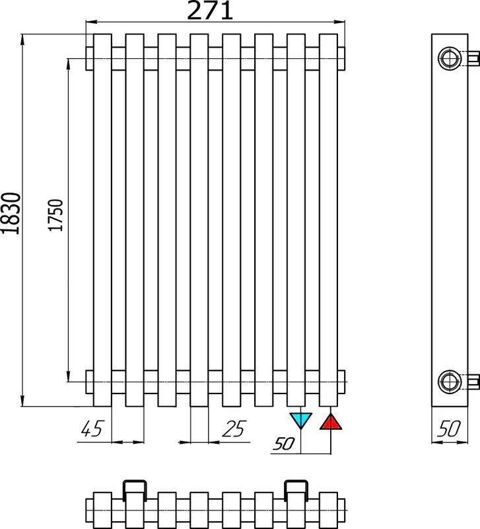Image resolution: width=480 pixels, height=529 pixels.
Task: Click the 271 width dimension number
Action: [209, 10]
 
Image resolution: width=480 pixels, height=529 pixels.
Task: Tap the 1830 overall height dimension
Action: [11, 213]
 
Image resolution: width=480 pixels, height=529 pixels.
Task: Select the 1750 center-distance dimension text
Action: [55, 215]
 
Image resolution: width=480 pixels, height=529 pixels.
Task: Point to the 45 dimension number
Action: [92, 428]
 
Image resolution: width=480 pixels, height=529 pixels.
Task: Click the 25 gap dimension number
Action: [234, 428]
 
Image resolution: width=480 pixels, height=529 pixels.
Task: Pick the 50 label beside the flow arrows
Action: [284, 444]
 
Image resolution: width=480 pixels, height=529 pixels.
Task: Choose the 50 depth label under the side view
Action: [450, 428]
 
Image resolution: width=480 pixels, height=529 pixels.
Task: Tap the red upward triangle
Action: [331, 421]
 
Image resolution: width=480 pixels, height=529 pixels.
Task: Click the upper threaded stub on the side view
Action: [474, 58]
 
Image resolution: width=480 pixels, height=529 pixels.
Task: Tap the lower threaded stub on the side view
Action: [474, 382]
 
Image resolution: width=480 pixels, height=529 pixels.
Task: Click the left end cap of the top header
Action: [89, 59]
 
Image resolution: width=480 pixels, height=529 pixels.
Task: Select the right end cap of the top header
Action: [341, 59]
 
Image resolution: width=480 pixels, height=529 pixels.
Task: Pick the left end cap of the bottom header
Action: [89, 382]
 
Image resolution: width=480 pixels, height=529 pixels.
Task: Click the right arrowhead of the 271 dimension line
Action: [339, 22]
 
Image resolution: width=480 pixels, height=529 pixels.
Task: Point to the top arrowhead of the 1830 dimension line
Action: [22, 40]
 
